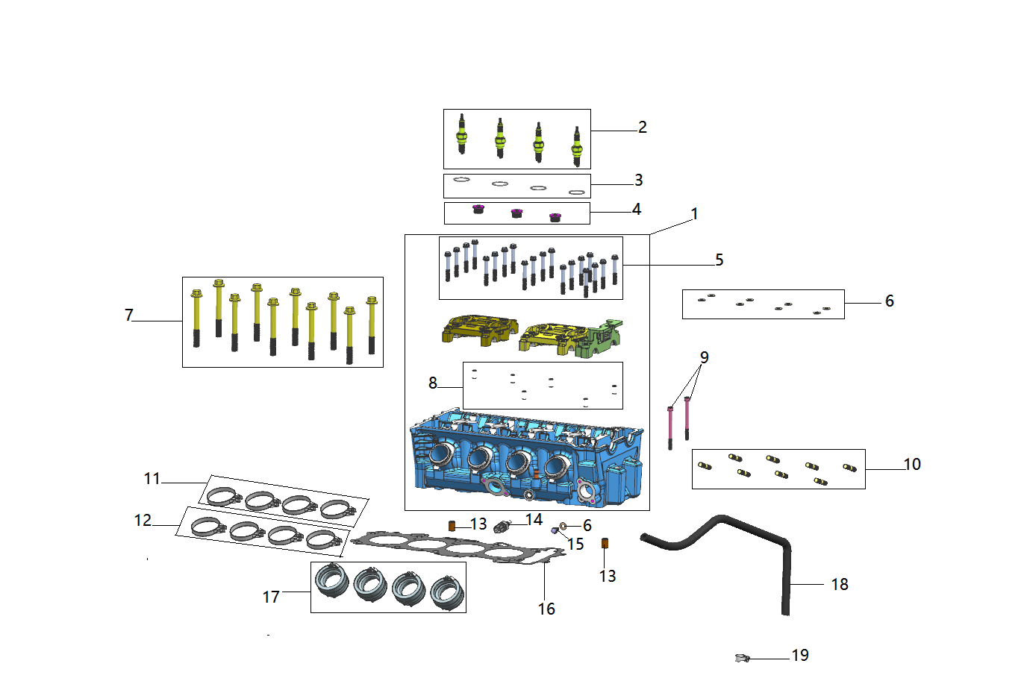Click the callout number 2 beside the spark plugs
point(643,127)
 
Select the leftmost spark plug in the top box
point(462,134)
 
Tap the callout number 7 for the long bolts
point(129,315)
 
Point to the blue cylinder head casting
point(526,458)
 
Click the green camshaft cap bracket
point(599,339)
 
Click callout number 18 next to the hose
point(840,584)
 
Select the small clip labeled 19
point(742,659)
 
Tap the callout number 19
point(800,655)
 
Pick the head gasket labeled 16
point(458,547)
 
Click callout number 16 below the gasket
point(546,609)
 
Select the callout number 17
point(270,597)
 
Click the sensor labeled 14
point(502,527)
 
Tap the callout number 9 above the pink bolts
point(705,357)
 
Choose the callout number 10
point(912,464)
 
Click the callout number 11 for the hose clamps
point(152,479)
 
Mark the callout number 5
point(719,260)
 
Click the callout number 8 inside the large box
point(432,383)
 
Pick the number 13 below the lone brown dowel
point(608,576)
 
